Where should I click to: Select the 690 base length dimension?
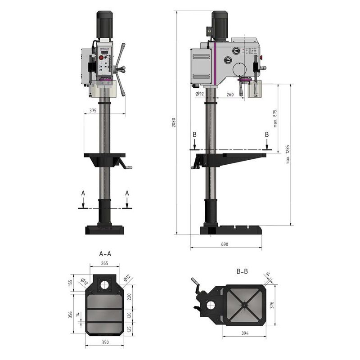[x=225, y=244]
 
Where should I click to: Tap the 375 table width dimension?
[x=93, y=110]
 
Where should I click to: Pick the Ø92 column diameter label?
[x=200, y=94]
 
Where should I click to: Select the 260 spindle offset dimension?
[x=230, y=94]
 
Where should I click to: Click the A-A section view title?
[x=105, y=254]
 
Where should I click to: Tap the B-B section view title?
[x=242, y=271]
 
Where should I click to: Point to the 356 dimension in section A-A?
[x=71, y=315]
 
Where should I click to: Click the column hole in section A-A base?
[x=104, y=284]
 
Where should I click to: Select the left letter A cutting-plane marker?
[x=82, y=193]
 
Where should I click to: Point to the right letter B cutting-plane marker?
[x=267, y=135]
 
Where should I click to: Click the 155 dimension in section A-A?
[x=71, y=283]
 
